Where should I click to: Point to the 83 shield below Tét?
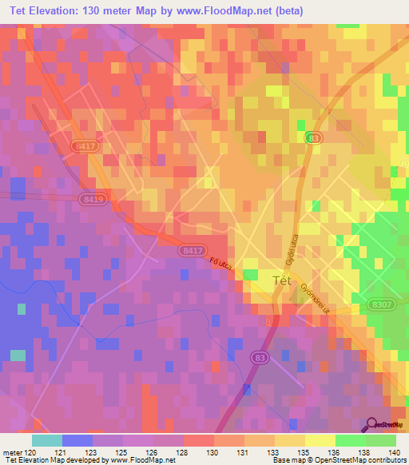259,357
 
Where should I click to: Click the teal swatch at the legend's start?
46,440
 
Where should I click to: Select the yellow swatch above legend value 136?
320,440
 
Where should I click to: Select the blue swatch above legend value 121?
77,440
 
